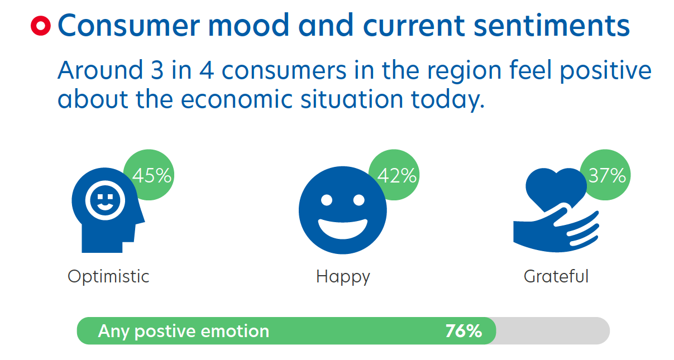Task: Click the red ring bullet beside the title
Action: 41,26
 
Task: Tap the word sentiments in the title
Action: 552,25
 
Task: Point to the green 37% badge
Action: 605,175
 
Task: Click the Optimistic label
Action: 108,277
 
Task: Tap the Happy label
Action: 343,277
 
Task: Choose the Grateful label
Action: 556,276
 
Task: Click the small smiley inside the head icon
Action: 105,200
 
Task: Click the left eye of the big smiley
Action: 327,200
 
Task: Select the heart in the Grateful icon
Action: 556,189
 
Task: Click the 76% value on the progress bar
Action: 463,331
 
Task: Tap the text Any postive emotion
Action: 184,332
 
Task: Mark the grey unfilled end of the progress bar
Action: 553,331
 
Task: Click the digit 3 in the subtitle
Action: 157,70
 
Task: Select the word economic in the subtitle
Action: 237,99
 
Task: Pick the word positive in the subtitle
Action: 606,71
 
